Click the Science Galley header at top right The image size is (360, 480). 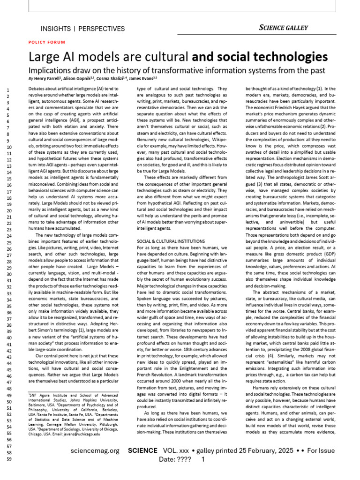click(x=284, y=28)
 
